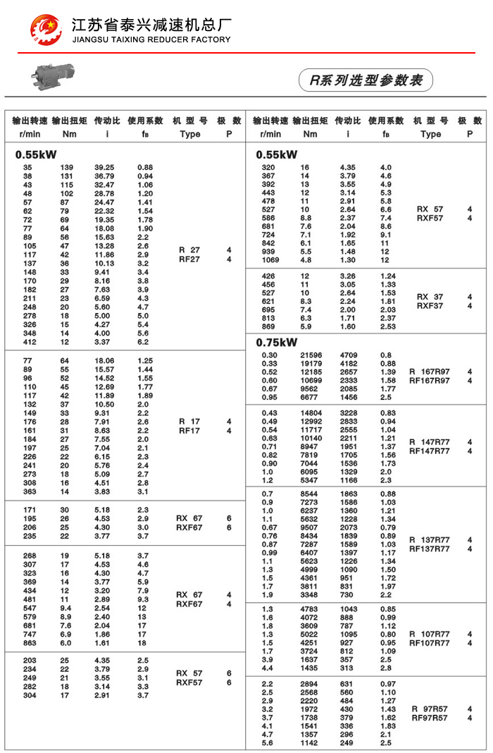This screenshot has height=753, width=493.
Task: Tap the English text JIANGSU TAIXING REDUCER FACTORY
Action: (151, 39)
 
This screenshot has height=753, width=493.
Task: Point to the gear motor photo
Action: (51, 75)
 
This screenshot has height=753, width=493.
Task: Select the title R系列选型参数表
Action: (366, 80)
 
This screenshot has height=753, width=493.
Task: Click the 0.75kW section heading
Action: (277, 343)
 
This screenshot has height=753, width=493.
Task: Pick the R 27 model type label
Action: (189, 250)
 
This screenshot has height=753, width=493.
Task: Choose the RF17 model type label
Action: (189, 430)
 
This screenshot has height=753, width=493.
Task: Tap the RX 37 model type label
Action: (430, 297)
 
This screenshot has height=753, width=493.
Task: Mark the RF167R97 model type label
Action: (429, 381)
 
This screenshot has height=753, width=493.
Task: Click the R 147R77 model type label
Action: (429, 442)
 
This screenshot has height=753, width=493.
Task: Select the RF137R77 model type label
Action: (429, 549)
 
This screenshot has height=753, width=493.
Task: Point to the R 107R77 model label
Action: (429, 634)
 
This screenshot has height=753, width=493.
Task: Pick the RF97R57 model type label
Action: (429, 718)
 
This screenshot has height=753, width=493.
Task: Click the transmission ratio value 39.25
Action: (104, 167)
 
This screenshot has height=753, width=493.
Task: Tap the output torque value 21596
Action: (311, 355)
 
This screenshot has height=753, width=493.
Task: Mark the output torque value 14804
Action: (311, 412)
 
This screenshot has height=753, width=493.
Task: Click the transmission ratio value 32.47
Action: (104, 184)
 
